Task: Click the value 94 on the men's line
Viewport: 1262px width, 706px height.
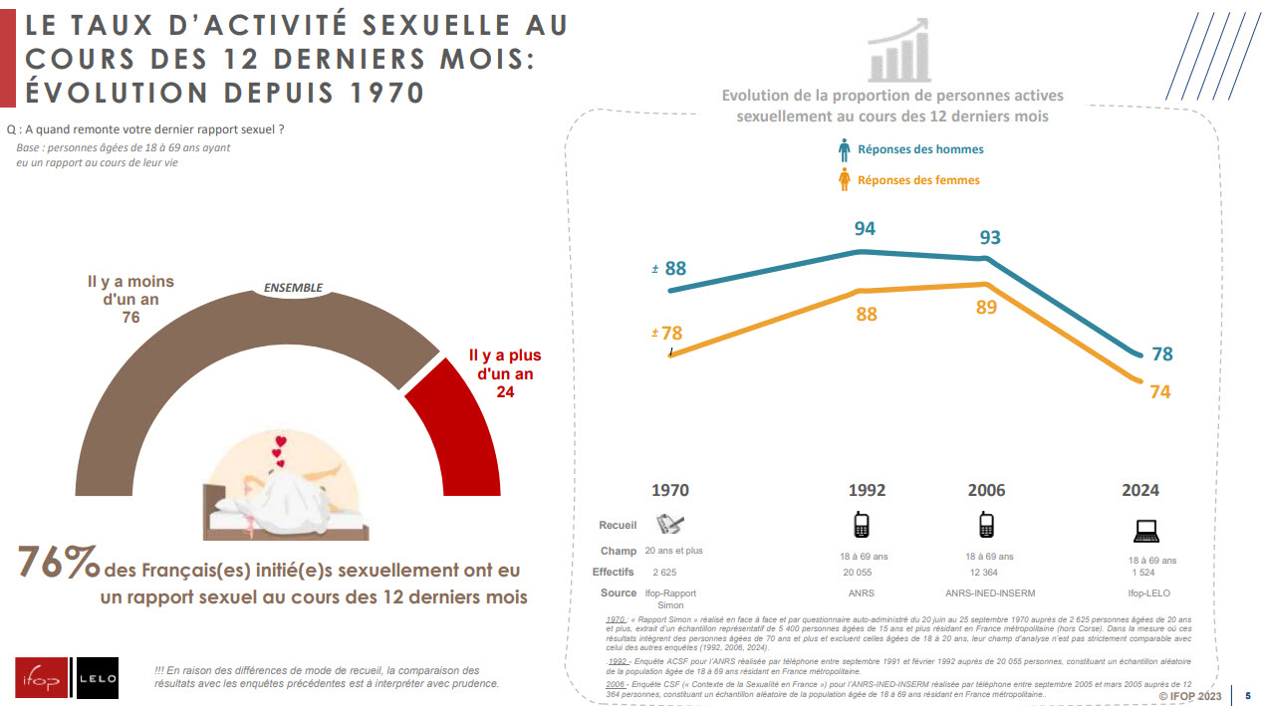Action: [865, 229]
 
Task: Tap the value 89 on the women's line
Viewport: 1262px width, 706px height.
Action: [986, 308]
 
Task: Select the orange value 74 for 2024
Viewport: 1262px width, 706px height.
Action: [1159, 392]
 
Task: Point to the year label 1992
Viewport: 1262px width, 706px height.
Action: [867, 490]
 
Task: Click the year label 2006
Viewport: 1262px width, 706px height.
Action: [986, 490]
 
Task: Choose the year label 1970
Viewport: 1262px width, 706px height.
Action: [669, 490]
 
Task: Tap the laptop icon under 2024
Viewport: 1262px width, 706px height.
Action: [1146, 530]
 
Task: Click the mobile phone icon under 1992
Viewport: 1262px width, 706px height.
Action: [861, 525]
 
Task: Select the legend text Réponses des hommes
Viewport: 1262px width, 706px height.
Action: [920, 149]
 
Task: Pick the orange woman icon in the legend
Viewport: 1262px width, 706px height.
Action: [845, 179]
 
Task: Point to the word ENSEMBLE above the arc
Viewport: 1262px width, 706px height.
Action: [293, 288]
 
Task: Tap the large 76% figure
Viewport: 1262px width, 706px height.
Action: [58, 564]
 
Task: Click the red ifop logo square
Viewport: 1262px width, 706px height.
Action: [41, 681]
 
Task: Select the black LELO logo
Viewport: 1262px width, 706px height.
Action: [98, 681]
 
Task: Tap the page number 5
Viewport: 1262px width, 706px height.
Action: [1248, 695]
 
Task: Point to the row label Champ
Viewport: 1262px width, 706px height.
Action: [619, 551]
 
